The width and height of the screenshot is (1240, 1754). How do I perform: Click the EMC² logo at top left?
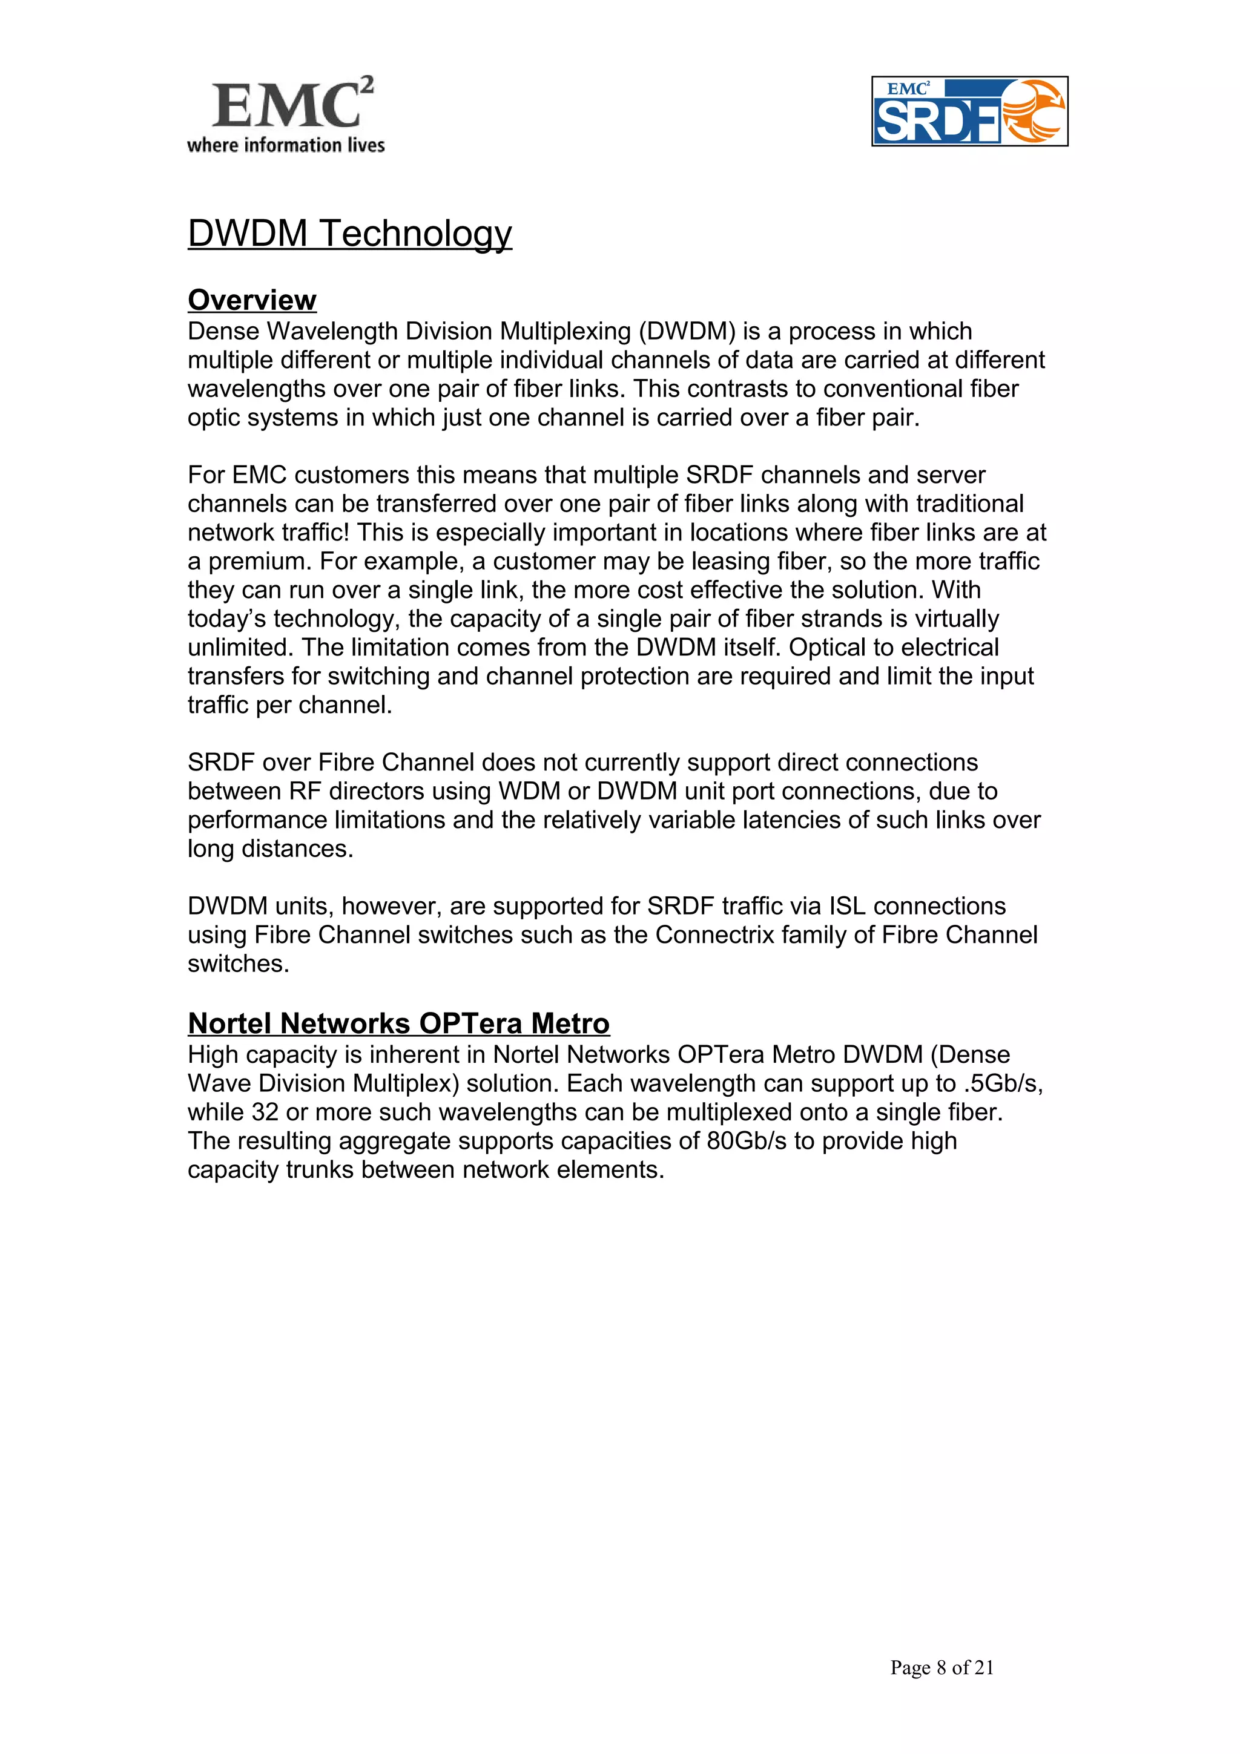click(291, 104)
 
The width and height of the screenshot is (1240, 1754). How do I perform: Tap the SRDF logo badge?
click(969, 111)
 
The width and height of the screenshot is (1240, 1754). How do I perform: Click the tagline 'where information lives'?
click(286, 145)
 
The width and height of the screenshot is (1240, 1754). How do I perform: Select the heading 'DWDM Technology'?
click(349, 233)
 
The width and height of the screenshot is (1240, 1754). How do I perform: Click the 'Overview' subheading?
click(251, 300)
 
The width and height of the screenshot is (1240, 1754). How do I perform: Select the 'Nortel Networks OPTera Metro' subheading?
click(398, 1023)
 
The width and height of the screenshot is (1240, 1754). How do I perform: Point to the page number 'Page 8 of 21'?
click(942, 1667)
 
